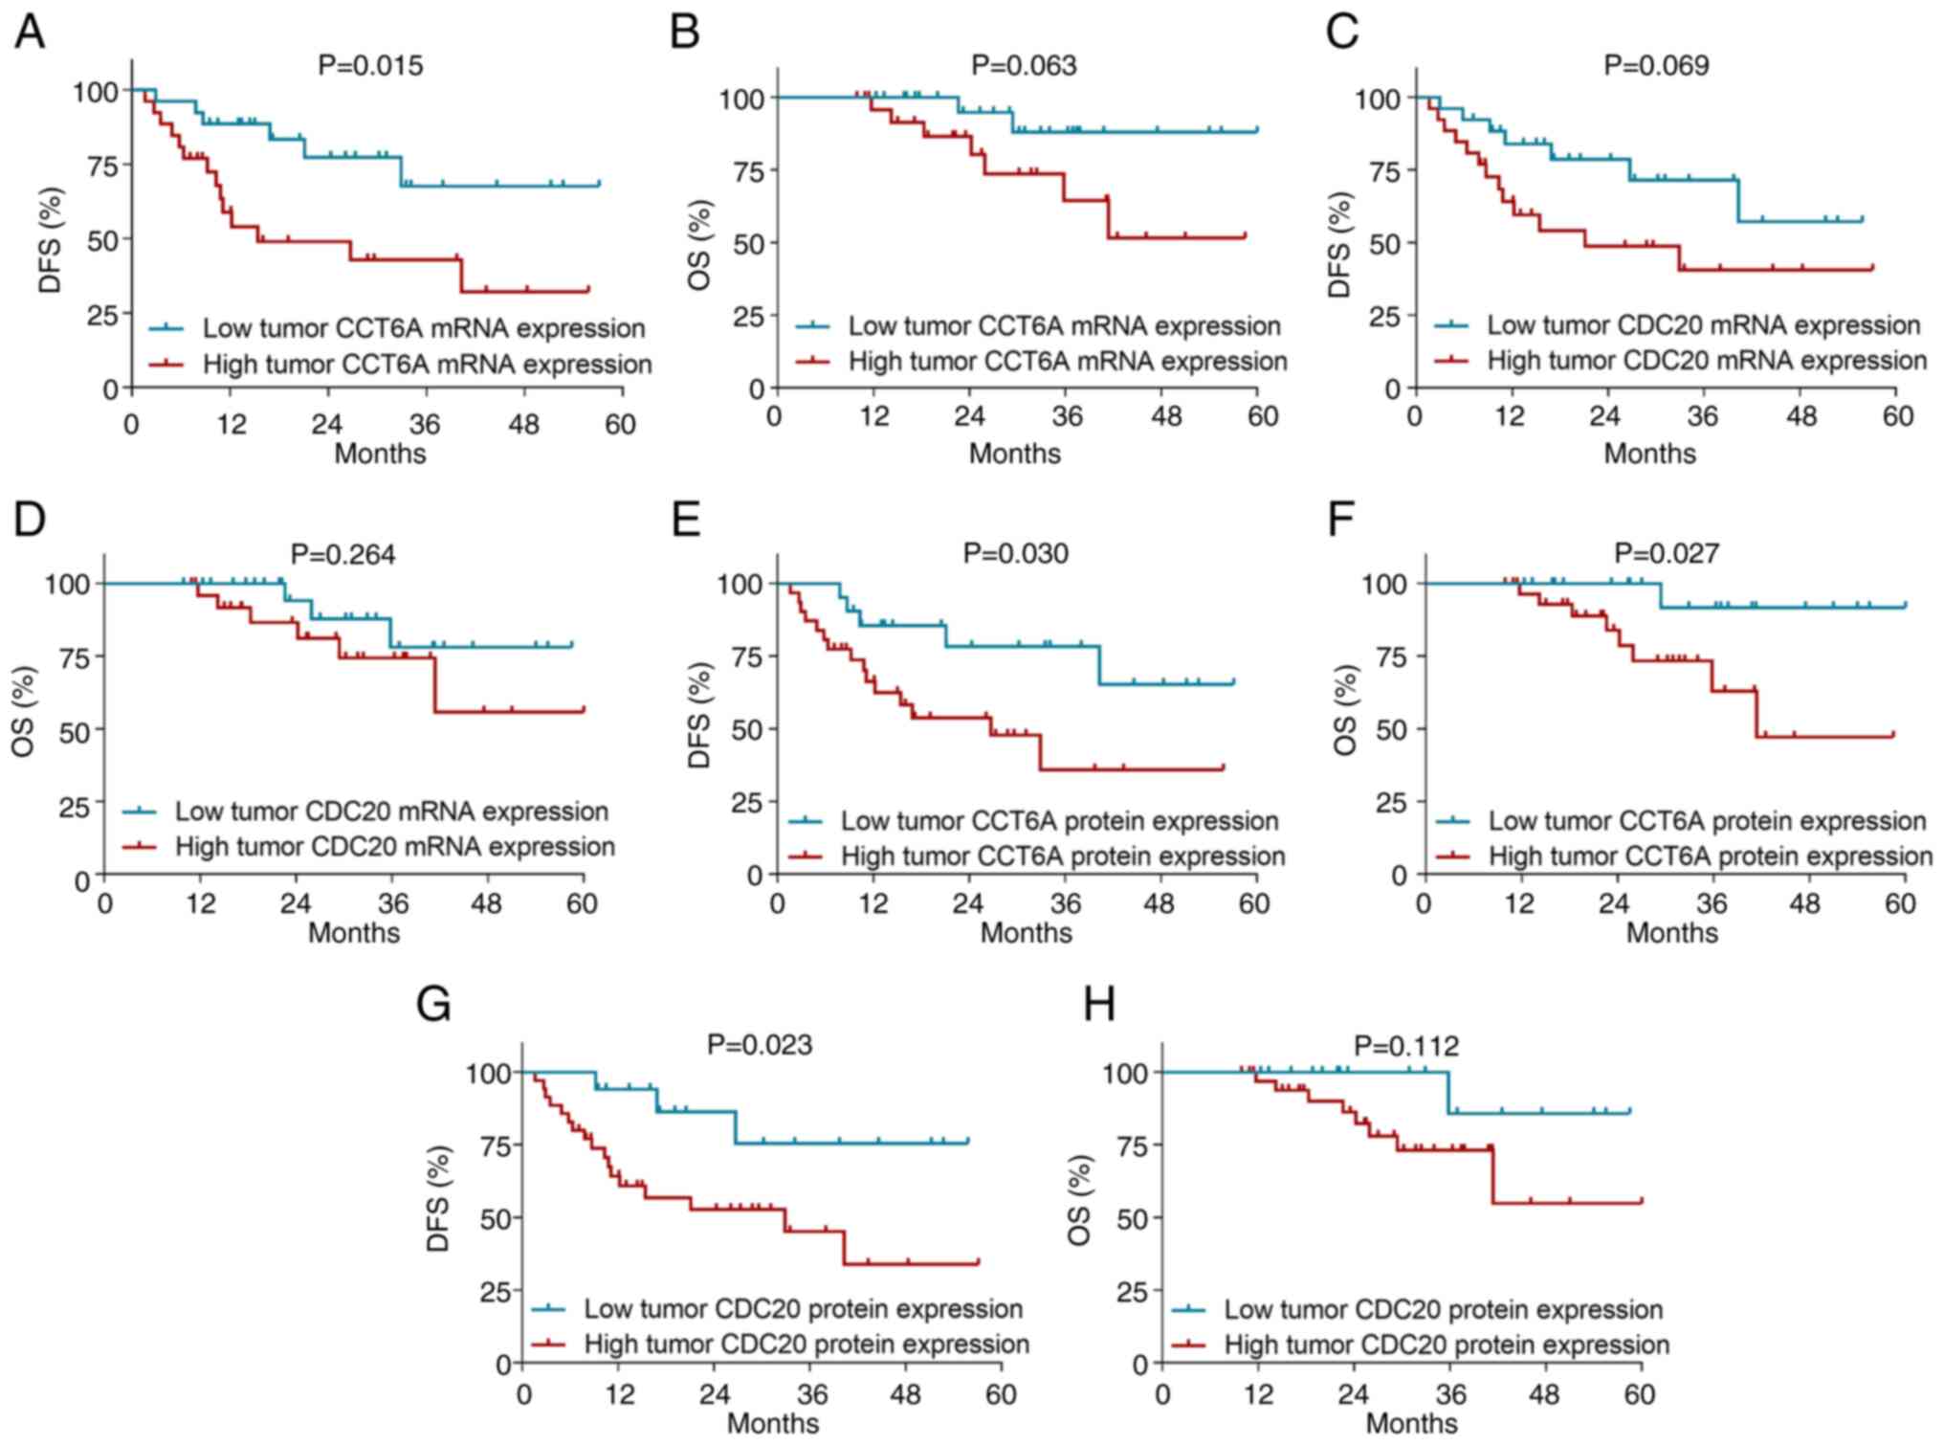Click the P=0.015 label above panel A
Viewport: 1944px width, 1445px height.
click(x=370, y=65)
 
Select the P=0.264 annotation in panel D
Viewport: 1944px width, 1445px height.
click(x=342, y=554)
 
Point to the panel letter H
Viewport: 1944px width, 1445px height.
click(x=1099, y=1005)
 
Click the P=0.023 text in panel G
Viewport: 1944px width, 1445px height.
click(x=760, y=1044)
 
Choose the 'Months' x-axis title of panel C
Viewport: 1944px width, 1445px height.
click(x=1649, y=453)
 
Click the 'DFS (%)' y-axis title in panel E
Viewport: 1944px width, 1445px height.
click(x=699, y=715)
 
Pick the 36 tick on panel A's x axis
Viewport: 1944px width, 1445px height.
click(x=424, y=424)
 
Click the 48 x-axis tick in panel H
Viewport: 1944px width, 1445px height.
click(x=1545, y=1393)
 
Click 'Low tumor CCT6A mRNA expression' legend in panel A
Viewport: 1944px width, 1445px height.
click(x=424, y=328)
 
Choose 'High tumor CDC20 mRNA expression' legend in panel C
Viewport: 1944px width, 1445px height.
click(x=1707, y=361)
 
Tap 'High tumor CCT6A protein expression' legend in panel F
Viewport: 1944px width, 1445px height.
click(x=1711, y=856)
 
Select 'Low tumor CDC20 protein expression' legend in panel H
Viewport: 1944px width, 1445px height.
click(x=1444, y=1309)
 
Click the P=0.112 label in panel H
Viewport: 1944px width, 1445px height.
click(x=1406, y=1045)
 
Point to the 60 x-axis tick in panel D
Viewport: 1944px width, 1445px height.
click(x=582, y=903)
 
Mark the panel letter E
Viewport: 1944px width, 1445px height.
click(x=687, y=520)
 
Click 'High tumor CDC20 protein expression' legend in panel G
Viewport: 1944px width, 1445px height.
click(x=806, y=1345)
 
